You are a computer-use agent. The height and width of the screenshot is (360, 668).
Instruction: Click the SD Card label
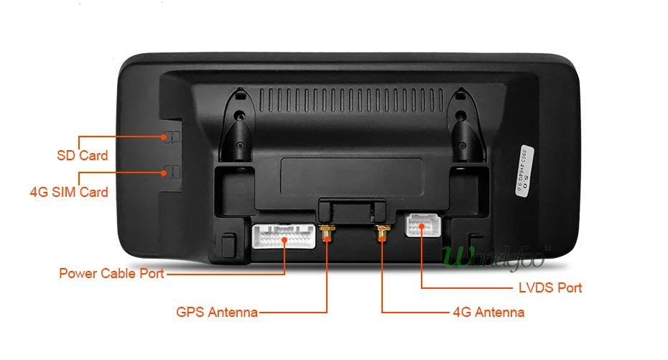(83, 155)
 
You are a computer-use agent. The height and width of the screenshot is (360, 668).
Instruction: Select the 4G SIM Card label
(69, 192)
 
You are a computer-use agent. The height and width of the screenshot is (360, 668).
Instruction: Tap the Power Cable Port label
(111, 273)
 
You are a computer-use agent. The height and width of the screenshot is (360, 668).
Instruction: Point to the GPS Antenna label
(217, 312)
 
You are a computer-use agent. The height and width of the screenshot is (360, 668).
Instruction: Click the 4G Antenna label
(488, 312)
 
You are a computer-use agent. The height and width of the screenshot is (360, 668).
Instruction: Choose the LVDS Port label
(549, 287)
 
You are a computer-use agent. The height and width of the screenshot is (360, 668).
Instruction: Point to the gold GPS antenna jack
(327, 233)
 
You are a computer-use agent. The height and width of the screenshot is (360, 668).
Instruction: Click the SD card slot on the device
(170, 136)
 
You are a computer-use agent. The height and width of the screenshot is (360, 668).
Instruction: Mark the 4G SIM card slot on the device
(170, 171)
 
